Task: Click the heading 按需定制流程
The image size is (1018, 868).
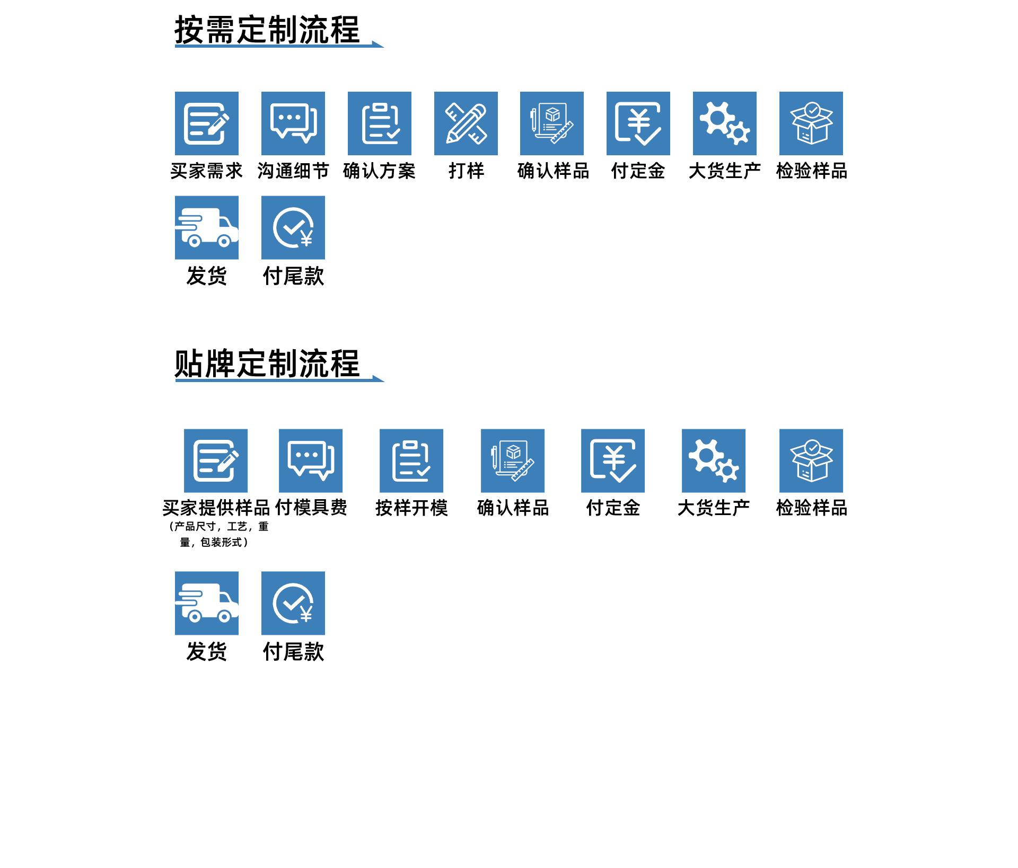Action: click(x=267, y=30)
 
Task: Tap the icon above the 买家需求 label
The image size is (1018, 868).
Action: click(x=207, y=123)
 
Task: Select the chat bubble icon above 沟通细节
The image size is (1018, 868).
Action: click(x=293, y=123)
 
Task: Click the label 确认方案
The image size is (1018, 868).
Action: click(x=379, y=171)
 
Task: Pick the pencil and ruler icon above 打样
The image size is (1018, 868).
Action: click(x=466, y=123)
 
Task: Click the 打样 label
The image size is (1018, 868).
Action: click(x=466, y=171)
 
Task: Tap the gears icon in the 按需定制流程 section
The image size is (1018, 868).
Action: click(x=725, y=123)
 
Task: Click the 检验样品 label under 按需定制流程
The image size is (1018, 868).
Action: click(x=811, y=171)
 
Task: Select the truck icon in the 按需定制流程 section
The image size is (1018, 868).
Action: click(x=207, y=228)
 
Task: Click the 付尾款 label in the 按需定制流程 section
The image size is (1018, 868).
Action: click(x=293, y=276)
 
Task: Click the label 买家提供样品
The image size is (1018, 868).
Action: click(x=216, y=508)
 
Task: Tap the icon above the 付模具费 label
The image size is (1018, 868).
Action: click(x=311, y=460)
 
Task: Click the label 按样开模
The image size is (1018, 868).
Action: click(x=411, y=508)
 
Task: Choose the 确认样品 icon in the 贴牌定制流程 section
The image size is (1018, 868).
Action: click(x=513, y=460)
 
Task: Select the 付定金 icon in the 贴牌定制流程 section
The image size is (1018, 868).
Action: click(x=613, y=460)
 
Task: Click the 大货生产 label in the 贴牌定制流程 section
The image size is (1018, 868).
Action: click(x=714, y=508)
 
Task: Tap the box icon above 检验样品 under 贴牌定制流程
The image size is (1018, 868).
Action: click(x=811, y=460)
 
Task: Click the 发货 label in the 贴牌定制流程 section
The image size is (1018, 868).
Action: click(x=207, y=651)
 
